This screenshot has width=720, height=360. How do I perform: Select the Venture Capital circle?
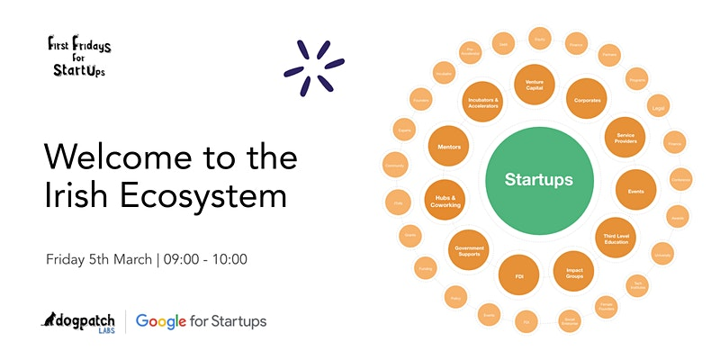(540, 84)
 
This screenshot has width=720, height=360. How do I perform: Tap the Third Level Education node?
(616, 237)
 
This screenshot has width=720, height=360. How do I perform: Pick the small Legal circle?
(659, 104)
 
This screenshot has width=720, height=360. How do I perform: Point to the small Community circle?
(394, 166)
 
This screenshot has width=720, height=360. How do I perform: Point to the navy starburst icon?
(313, 67)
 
